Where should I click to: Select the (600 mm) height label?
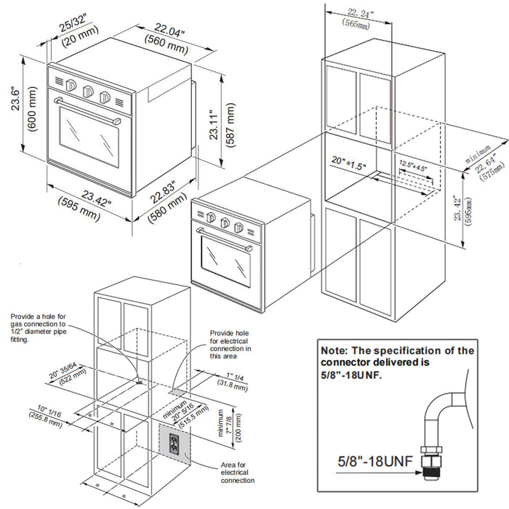(31, 109)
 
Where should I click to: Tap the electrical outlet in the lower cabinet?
(174, 443)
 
